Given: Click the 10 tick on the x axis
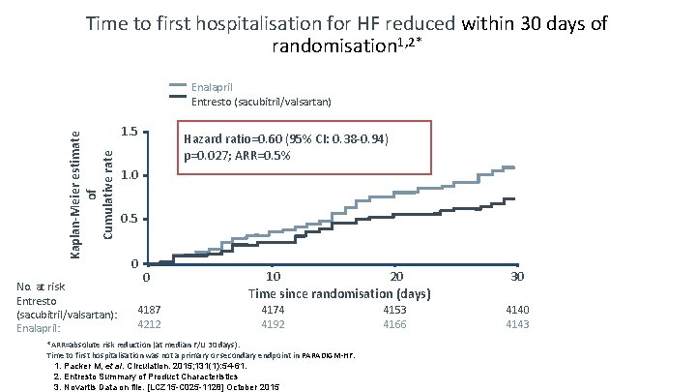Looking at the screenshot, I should pos(274,278).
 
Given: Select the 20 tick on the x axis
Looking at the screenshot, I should pos(394,278).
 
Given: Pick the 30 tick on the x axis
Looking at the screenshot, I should pos(517,278).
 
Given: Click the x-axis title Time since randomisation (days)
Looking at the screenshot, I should pos(339,293).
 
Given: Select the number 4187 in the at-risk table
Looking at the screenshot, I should pos(150,310).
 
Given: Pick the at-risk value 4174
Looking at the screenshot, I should pos(274,310).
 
